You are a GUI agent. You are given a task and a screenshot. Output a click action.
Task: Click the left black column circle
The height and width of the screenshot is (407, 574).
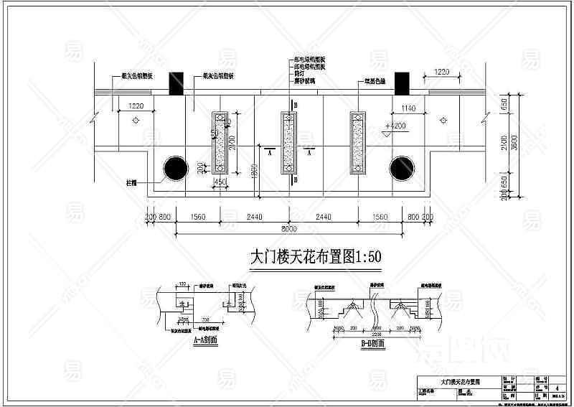point(173,169)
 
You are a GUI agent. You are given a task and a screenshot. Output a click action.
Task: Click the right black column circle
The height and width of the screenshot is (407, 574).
point(402,169)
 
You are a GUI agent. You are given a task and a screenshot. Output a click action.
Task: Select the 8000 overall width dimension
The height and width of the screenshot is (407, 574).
point(288,230)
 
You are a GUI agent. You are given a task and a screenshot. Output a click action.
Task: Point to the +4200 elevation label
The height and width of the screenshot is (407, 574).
point(395,126)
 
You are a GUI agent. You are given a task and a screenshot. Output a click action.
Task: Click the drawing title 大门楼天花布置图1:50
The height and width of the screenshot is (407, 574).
point(314,258)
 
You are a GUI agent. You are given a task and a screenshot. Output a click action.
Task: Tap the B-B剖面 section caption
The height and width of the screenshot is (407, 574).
point(372,344)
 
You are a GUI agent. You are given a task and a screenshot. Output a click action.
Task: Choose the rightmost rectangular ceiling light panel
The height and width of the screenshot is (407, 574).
point(357,143)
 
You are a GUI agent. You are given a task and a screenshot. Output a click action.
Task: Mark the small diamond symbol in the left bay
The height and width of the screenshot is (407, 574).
point(136,121)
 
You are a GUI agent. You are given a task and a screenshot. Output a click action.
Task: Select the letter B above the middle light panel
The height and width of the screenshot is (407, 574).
point(293,105)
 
